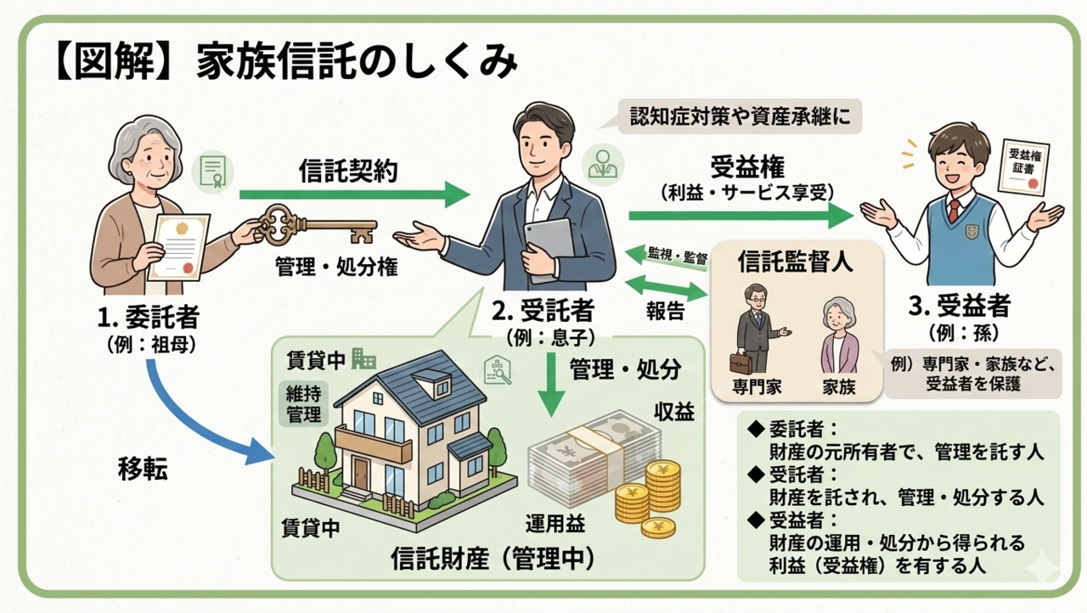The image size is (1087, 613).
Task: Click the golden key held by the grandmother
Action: (314, 227)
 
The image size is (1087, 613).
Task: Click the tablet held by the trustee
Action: (549, 247)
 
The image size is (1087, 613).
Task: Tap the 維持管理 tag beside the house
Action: (303, 403)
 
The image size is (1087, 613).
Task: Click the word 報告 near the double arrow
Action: (664, 311)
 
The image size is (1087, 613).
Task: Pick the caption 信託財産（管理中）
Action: (493, 559)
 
